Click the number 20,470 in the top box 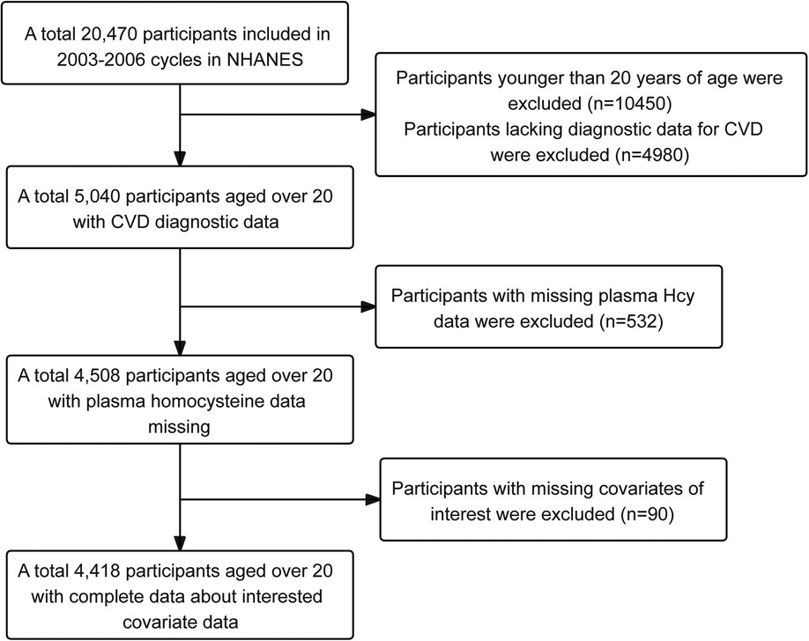point(108,34)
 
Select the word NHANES point(265,60)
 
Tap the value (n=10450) point(629,104)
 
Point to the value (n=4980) point(652,155)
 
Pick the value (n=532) point(631,321)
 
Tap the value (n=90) point(645,514)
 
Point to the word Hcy point(678,296)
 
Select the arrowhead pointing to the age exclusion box point(367,114)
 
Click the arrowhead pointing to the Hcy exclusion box point(367,306)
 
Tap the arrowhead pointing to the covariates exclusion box point(373,499)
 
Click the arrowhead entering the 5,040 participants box point(180,158)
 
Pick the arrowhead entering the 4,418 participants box point(180,543)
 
